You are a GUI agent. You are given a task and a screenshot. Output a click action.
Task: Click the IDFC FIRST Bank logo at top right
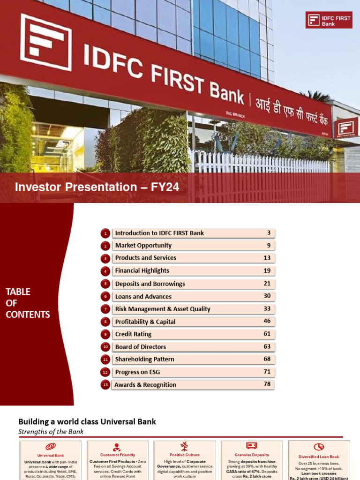[x=328, y=20]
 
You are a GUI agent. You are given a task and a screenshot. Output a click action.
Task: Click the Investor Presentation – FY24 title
[x=97, y=187]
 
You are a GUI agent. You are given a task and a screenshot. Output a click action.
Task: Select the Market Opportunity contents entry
[x=143, y=245]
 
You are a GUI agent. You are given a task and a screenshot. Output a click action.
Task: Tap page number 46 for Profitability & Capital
[x=267, y=321]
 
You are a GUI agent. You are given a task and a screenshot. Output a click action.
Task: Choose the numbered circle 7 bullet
[x=105, y=309]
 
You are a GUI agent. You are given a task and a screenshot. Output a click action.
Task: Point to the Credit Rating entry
[x=133, y=334]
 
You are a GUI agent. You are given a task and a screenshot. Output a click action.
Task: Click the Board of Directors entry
[x=141, y=347]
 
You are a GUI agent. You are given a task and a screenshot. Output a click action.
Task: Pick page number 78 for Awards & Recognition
[x=267, y=384]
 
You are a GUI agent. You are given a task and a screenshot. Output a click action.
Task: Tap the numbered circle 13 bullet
[x=105, y=385]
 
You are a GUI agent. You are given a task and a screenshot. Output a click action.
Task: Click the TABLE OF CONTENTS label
[x=28, y=303]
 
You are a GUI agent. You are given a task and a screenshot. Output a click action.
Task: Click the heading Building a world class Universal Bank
[x=87, y=421]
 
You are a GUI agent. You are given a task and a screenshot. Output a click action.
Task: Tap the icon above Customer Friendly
[x=117, y=447]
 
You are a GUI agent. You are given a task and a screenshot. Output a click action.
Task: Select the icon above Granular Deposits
[x=251, y=446]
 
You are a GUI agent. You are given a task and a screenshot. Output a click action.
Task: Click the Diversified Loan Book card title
[x=319, y=457]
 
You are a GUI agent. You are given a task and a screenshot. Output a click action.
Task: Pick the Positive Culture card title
[x=184, y=455]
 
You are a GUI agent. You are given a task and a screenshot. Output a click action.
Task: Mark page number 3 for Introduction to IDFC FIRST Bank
[x=269, y=232]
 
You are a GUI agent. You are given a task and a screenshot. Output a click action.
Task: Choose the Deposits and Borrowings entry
[x=150, y=284]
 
